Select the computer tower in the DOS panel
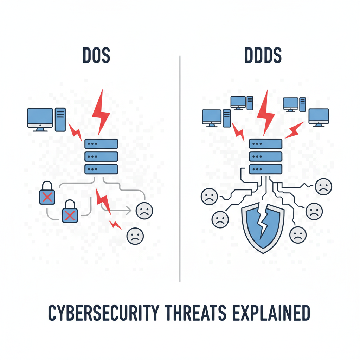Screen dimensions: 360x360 60,120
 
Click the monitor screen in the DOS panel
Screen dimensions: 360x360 40,117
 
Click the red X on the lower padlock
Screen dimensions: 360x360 70,216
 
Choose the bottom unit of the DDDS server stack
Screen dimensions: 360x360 266,169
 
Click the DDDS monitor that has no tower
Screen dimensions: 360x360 319,117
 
